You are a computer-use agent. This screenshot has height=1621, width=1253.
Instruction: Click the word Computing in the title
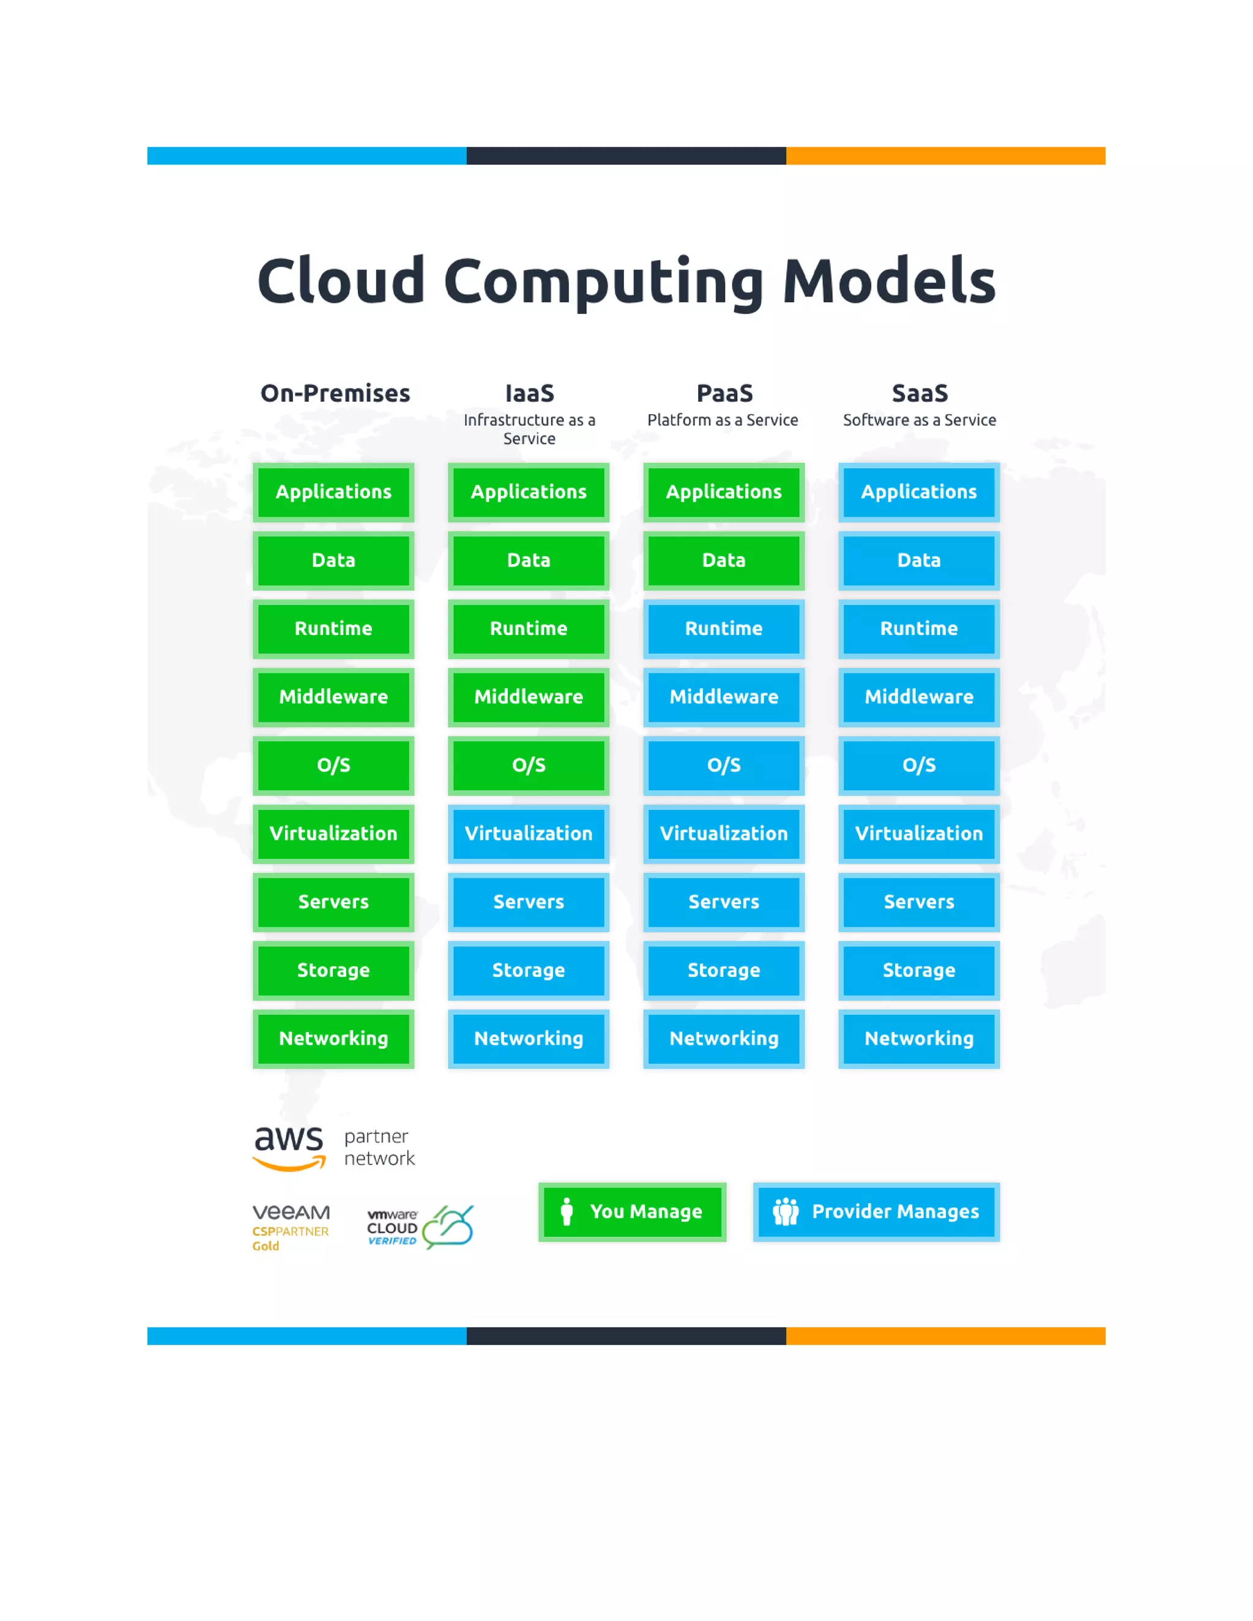(603, 282)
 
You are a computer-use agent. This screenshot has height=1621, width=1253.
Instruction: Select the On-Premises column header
(335, 393)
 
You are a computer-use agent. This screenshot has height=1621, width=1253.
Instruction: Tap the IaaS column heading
(529, 393)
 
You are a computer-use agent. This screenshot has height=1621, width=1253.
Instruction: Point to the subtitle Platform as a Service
(723, 420)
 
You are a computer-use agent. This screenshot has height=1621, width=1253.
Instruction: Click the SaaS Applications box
(918, 492)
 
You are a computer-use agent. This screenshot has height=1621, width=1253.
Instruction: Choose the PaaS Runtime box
(724, 629)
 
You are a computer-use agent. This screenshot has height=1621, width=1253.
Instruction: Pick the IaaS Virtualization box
(529, 834)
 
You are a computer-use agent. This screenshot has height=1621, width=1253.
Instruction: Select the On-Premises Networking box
(333, 1039)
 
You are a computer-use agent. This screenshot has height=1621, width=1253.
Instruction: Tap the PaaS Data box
(724, 560)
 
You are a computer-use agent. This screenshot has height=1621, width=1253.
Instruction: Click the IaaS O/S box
(529, 765)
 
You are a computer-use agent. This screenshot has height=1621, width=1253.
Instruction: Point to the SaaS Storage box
(918, 970)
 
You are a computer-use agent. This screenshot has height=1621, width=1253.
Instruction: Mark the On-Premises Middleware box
(333, 697)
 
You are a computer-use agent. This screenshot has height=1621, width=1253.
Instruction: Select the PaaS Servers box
(724, 902)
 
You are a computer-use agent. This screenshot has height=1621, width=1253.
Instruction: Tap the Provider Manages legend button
(876, 1211)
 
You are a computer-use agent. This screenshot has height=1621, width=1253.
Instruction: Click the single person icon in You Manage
(567, 1211)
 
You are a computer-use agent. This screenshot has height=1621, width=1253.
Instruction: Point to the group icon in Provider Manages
(786, 1211)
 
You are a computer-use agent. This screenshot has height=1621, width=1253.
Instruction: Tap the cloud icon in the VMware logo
(448, 1226)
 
